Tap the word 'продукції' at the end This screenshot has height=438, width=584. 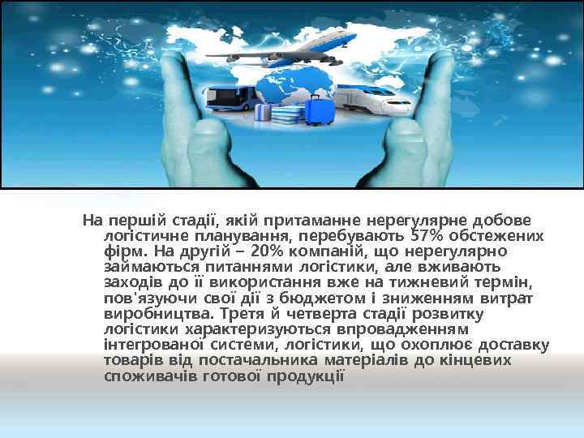coord(308,376)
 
